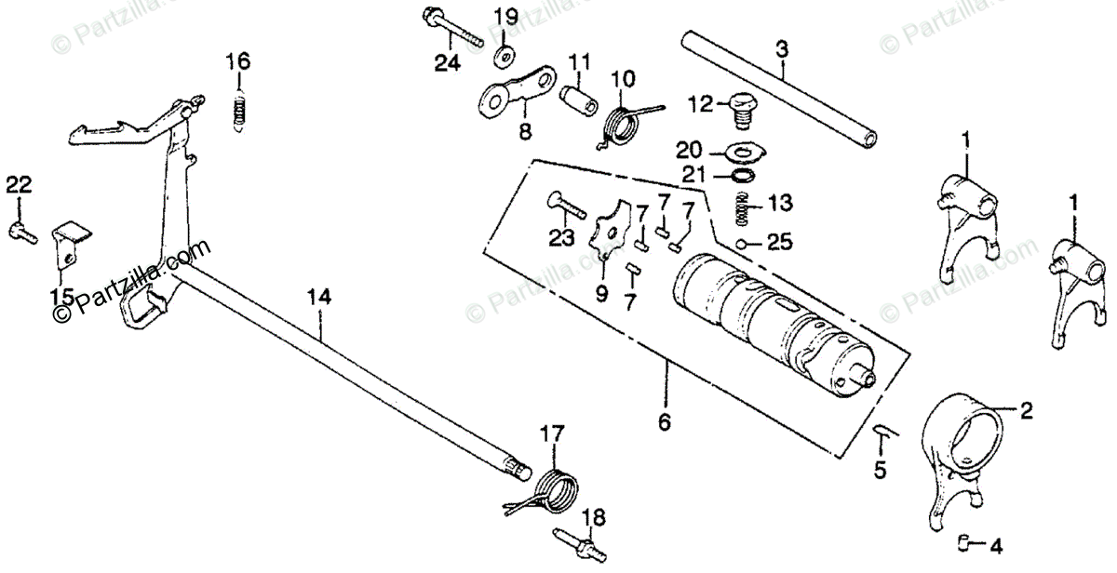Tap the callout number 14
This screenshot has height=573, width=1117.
tap(318, 298)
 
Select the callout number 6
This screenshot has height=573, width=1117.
tap(664, 421)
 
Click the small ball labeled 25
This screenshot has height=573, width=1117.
tap(741, 244)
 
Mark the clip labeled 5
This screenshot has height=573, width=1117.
tap(881, 433)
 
